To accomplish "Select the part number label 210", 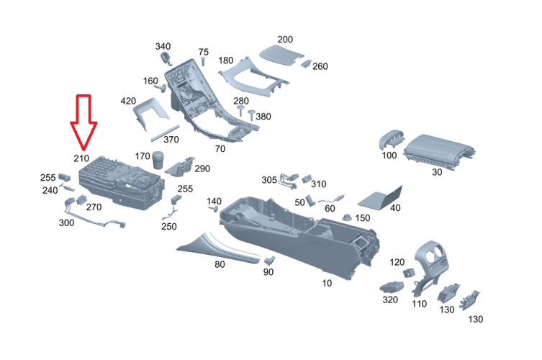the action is [81, 158].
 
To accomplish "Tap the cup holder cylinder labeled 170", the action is [158, 160].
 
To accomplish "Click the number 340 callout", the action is [163, 46].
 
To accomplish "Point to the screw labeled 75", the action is [203, 63].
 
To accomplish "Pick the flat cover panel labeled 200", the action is [281, 55].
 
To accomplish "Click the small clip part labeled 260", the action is [306, 63].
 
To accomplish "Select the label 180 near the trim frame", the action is [226, 60].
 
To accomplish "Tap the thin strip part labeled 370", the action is [166, 133].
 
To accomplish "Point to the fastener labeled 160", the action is [160, 89].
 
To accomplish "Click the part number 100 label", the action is [389, 156].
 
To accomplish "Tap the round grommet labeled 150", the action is [347, 217].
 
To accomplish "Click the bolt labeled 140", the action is [213, 209].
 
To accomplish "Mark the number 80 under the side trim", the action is [220, 264].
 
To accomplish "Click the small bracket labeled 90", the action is [270, 260].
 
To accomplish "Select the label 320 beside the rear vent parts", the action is [390, 300].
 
